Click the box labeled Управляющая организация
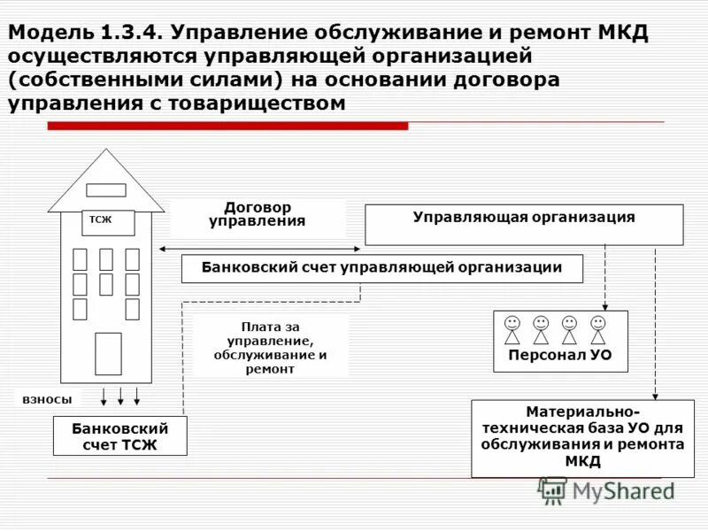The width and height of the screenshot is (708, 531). point(524,225)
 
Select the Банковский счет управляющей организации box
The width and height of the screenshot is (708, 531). point(381,268)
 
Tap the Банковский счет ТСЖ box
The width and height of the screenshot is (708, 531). point(119,436)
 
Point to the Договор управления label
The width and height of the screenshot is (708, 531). point(257,215)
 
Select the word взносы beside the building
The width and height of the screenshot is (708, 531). point(48,400)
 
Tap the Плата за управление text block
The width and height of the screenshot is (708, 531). point(270,348)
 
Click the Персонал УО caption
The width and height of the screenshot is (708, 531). point(559,357)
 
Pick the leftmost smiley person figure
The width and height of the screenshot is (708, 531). point(512,330)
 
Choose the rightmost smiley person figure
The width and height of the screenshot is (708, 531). point(598,330)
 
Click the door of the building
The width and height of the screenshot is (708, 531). point(108,353)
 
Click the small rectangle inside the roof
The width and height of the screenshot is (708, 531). point(106,190)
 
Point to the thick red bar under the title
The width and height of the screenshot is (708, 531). point(227,127)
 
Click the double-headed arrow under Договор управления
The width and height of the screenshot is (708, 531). point(260,248)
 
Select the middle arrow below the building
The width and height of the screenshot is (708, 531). point(120,396)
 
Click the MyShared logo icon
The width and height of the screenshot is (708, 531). point(553,489)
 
